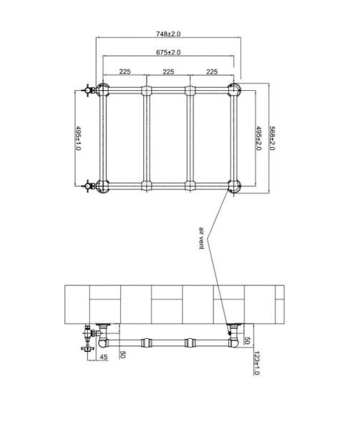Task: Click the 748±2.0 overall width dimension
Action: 168,34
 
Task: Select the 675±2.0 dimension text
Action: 168,52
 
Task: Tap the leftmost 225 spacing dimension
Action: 125,71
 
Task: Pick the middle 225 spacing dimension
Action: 168,71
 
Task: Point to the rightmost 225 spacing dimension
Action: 212,71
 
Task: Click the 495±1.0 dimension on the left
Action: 78,138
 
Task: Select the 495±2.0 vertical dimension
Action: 258,138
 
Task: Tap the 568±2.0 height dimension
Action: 271,138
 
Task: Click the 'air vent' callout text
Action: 202,238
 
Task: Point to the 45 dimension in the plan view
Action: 104,357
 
